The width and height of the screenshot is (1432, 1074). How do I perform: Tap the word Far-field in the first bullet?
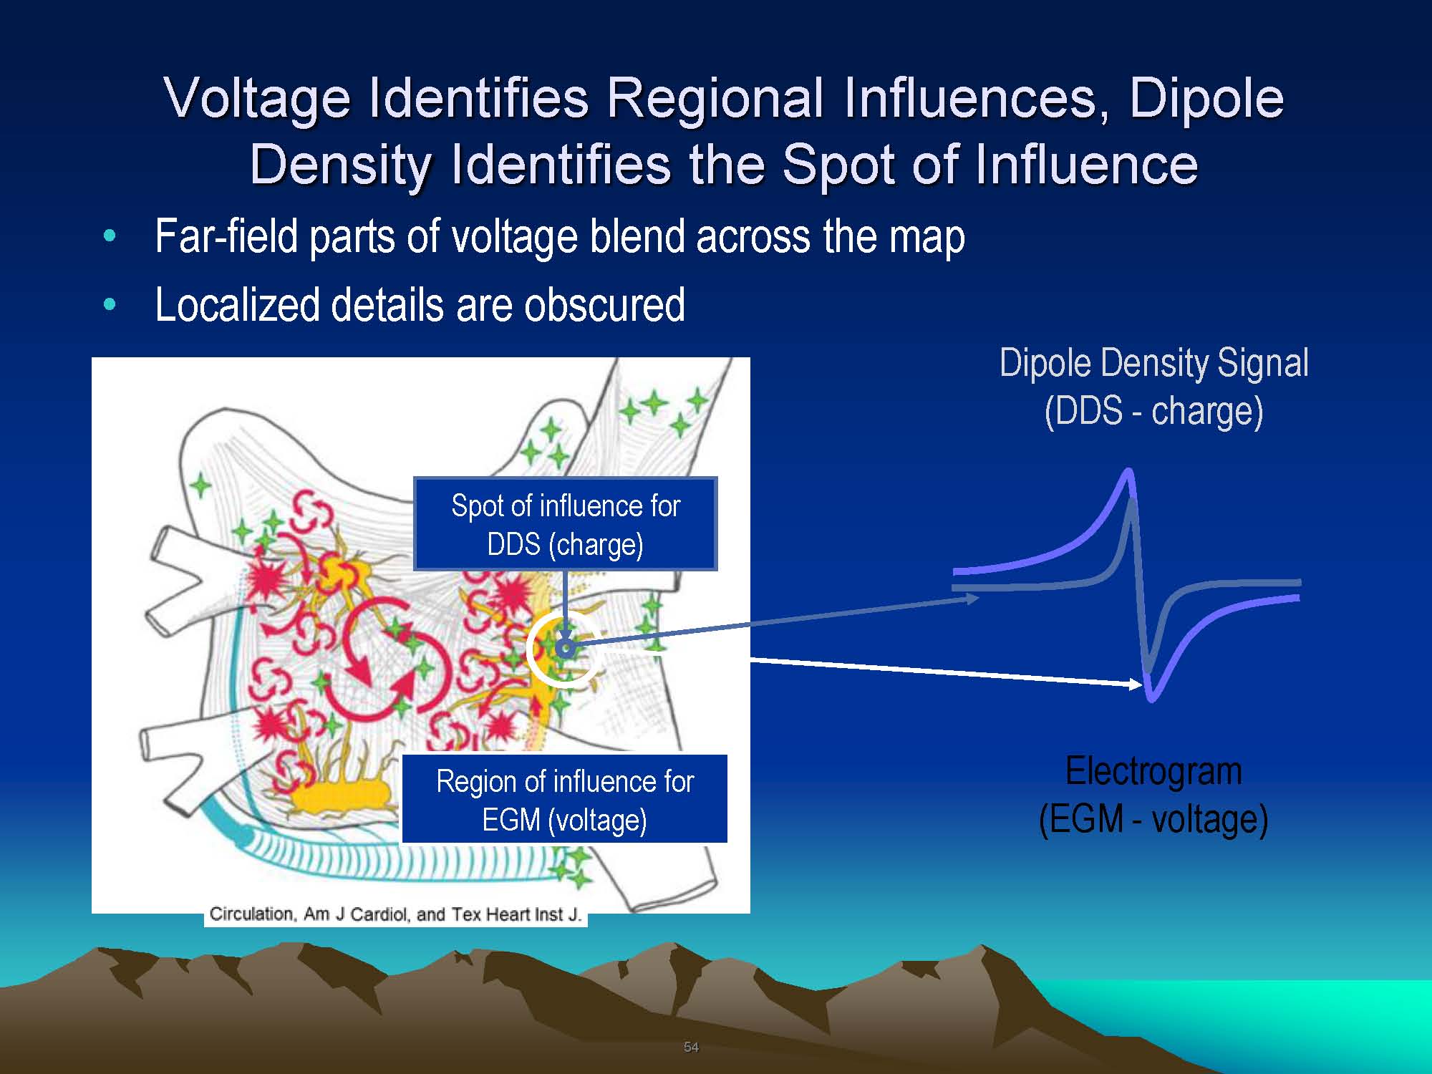226,236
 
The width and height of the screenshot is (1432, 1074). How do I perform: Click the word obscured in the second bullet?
604,305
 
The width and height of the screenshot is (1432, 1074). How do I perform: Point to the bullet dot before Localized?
110,305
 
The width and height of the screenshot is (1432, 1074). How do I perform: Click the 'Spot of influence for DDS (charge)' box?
566,524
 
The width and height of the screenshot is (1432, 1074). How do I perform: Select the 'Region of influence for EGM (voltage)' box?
565,799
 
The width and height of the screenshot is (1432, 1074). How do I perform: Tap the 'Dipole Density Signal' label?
1154,362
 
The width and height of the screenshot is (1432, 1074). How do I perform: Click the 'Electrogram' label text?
1153,771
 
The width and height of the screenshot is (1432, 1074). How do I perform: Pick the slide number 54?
691,1047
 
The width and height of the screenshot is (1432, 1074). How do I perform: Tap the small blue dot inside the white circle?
566,649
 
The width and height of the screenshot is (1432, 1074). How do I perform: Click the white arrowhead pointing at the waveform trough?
1136,685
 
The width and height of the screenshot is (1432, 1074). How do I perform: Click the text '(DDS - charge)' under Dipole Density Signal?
1153,411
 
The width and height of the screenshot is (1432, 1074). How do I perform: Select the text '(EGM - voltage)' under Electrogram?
1153,819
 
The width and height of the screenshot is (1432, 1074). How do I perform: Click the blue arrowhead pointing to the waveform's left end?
972,599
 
